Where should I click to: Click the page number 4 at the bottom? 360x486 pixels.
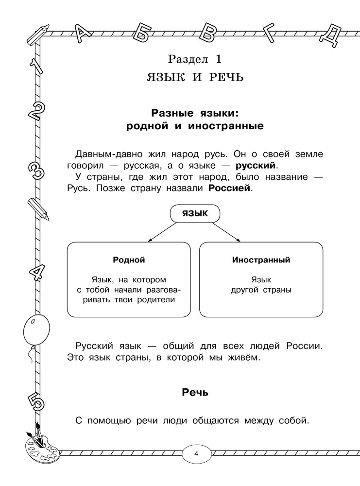[196, 454]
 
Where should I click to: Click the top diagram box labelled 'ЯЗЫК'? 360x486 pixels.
[195, 213]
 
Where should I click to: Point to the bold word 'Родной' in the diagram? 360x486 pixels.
[129, 260]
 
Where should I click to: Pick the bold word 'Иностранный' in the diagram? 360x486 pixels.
[261, 260]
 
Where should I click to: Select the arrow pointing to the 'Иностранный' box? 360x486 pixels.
[228, 232]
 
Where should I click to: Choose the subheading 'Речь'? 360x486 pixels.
[195, 392]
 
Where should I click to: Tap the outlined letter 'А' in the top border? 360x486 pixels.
[84, 34]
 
